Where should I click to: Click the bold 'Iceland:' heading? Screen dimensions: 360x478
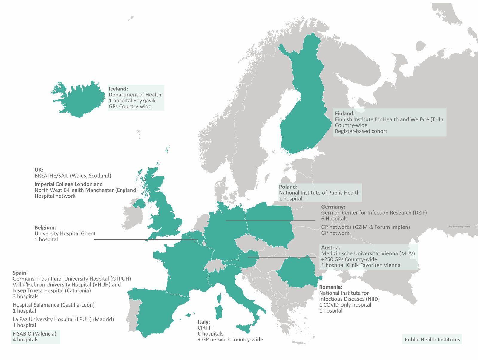pyautogui.click(x=118, y=89)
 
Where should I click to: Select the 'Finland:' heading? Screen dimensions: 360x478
pyautogui.click(x=345, y=113)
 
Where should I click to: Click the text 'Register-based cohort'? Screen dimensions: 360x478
pyautogui.click(x=361, y=131)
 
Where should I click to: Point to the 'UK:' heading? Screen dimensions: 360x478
pyautogui.click(x=39, y=170)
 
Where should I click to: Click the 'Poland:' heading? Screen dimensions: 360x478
pyautogui.click(x=288, y=187)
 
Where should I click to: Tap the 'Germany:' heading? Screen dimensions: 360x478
pyautogui.click(x=333, y=207)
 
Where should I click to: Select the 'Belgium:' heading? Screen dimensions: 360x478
pyautogui.click(x=45, y=227)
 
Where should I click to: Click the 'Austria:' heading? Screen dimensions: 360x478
pyautogui.click(x=331, y=247)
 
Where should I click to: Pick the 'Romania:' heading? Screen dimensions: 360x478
pyautogui.click(x=331, y=287)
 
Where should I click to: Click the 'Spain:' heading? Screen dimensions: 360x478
pyautogui.click(x=20, y=273)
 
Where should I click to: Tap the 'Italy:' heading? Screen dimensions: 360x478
pyautogui.click(x=204, y=322)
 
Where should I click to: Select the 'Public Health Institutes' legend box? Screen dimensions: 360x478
pyautogui.click(x=432, y=340)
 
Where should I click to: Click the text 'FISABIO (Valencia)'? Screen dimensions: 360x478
pyautogui.click(x=34, y=334)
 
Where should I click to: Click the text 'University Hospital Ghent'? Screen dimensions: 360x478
pyautogui.click(x=65, y=233)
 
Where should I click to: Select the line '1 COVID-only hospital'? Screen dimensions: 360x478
pyautogui.click(x=345, y=305)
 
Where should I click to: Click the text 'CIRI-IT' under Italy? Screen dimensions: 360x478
pyautogui.click(x=205, y=328)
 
